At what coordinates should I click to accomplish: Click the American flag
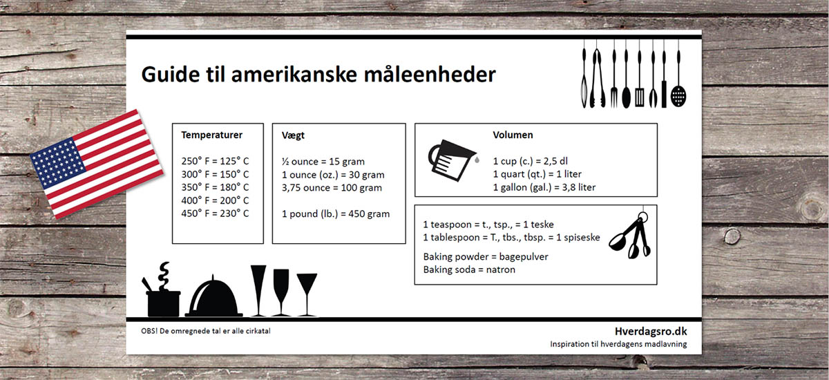click(97, 164)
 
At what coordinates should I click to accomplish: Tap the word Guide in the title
click(171, 75)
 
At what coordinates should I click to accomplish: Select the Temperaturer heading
click(211, 135)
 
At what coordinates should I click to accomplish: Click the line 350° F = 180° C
click(215, 187)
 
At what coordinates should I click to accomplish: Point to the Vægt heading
click(293, 136)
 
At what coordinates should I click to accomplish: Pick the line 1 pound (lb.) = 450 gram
click(336, 214)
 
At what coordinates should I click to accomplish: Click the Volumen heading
click(513, 135)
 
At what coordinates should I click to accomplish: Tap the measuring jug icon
click(453, 160)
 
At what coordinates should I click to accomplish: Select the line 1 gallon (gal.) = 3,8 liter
click(544, 187)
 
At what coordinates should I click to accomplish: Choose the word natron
click(500, 269)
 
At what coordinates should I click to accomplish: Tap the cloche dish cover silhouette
click(213, 297)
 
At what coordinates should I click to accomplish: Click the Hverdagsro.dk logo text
click(651, 332)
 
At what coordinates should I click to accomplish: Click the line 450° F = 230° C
click(215, 213)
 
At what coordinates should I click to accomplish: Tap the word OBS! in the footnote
click(149, 331)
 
